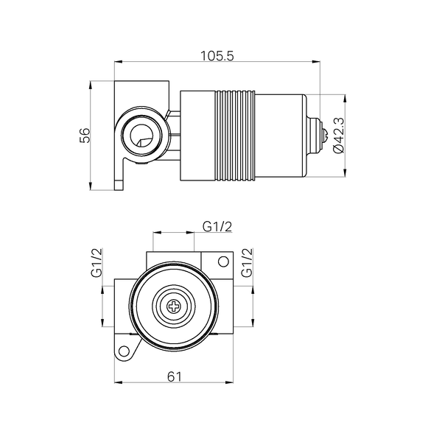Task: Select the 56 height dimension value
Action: click(85, 135)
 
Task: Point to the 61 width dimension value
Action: click(175, 376)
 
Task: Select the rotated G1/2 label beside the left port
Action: click(97, 263)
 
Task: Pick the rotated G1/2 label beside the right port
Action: click(248, 263)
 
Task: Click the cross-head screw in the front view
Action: click(175, 306)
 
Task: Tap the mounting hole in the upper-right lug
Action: click(222, 261)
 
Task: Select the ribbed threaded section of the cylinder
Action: click(236, 136)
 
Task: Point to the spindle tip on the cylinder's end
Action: click(321, 136)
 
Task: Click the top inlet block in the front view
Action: click(175, 259)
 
